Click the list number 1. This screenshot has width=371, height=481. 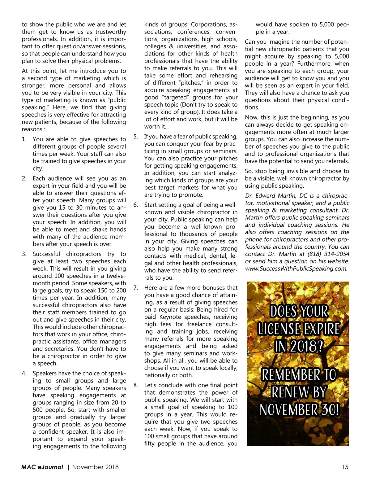click(24, 139)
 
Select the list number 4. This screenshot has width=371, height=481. click(24, 374)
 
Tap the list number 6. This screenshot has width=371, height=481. click(135, 205)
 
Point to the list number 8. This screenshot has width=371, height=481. click(135, 385)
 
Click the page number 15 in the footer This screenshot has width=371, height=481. click(345, 467)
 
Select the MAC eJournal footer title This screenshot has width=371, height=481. click(42, 467)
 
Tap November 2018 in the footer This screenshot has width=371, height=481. click(95, 467)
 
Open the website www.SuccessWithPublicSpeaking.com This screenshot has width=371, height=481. click(296, 269)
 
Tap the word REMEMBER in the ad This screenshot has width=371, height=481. click(291, 375)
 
